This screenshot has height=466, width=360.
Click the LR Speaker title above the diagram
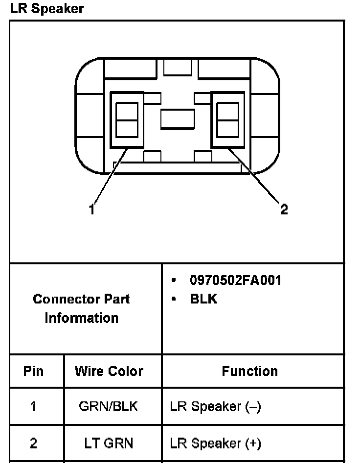pyautogui.click(x=46, y=8)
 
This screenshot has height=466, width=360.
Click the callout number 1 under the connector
pyautogui.click(x=91, y=210)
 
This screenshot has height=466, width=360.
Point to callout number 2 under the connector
pyautogui.click(x=284, y=210)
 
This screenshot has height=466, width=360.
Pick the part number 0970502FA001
pyautogui.click(x=235, y=280)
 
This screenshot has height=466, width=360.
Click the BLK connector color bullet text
pyautogui.click(x=203, y=299)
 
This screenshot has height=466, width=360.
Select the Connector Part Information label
pyautogui.click(x=82, y=308)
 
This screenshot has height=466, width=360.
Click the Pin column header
pyautogui.click(x=33, y=371)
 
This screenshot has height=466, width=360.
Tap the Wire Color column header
pyautogui.click(x=109, y=371)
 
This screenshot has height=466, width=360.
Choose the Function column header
pyautogui.click(x=249, y=371)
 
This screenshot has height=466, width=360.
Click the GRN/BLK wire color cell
pyautogui.click(x=108, y=407)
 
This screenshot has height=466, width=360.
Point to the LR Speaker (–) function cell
pyautogui.click(x=215, y=407)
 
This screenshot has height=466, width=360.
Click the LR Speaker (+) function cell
pyautogui.click(x=215, y=443)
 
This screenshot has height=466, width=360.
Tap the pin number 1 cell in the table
pyautogui.click(x=33, y=407)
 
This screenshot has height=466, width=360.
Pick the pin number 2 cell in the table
pyautogui.click(x=33, y=443)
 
